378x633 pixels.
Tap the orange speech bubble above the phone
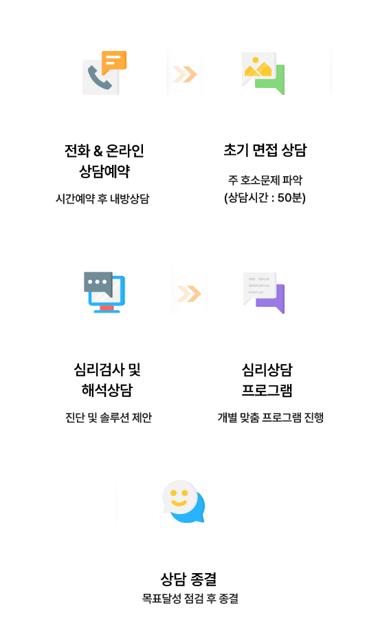(114, 62)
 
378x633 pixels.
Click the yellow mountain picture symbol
(258, 67)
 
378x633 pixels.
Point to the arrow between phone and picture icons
(185, 74)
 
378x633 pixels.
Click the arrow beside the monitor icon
(189, 294)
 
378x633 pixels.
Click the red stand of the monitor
(107, 308)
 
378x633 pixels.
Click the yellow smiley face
(179, 497)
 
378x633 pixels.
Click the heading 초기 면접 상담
(265, 150)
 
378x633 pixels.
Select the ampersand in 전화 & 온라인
(98, 151)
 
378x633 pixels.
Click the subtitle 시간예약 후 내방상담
(102, 199)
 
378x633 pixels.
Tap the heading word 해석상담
(107, 390)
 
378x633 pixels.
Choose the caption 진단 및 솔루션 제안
(109, 418)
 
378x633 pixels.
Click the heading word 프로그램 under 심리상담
(267, 390)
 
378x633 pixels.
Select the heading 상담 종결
(189, 579)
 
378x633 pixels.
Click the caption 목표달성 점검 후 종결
(190, 599)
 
